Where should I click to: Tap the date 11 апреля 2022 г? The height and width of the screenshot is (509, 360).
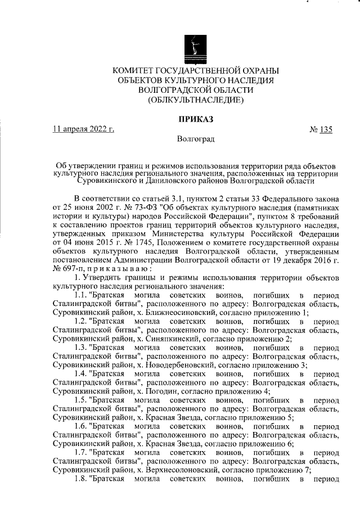(x=83, y=129)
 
